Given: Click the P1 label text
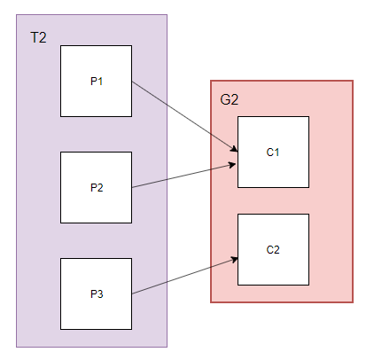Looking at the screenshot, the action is coord(97,82).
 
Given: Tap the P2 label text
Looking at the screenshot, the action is coord(97,188).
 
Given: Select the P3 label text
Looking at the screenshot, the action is coord(97,294).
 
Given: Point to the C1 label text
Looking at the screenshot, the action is coord(273,153).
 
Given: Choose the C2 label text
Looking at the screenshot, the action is coord(273,250).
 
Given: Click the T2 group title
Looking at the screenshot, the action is coord(38,38).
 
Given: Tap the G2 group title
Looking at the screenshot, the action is coord(230,99).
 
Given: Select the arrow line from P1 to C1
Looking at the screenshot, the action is coord(185,116).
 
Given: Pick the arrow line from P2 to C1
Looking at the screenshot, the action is coord(183,176).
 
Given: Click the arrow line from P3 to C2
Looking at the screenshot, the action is coord(185,276).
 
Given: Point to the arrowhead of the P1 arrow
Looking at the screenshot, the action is coord(234,149).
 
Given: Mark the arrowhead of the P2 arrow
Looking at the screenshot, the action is coord(232,165).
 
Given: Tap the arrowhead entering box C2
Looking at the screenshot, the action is coord(234,260).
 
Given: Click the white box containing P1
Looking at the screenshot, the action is coord(96,81).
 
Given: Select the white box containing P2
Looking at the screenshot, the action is coord(96,187).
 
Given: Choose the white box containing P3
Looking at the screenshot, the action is coord(96,293).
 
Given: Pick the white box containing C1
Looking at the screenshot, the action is coord(273,152).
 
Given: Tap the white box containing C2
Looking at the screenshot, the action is coord(273,249).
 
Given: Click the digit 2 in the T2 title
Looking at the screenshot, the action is coord(43,38).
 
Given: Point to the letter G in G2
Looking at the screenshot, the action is coord(225,99).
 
